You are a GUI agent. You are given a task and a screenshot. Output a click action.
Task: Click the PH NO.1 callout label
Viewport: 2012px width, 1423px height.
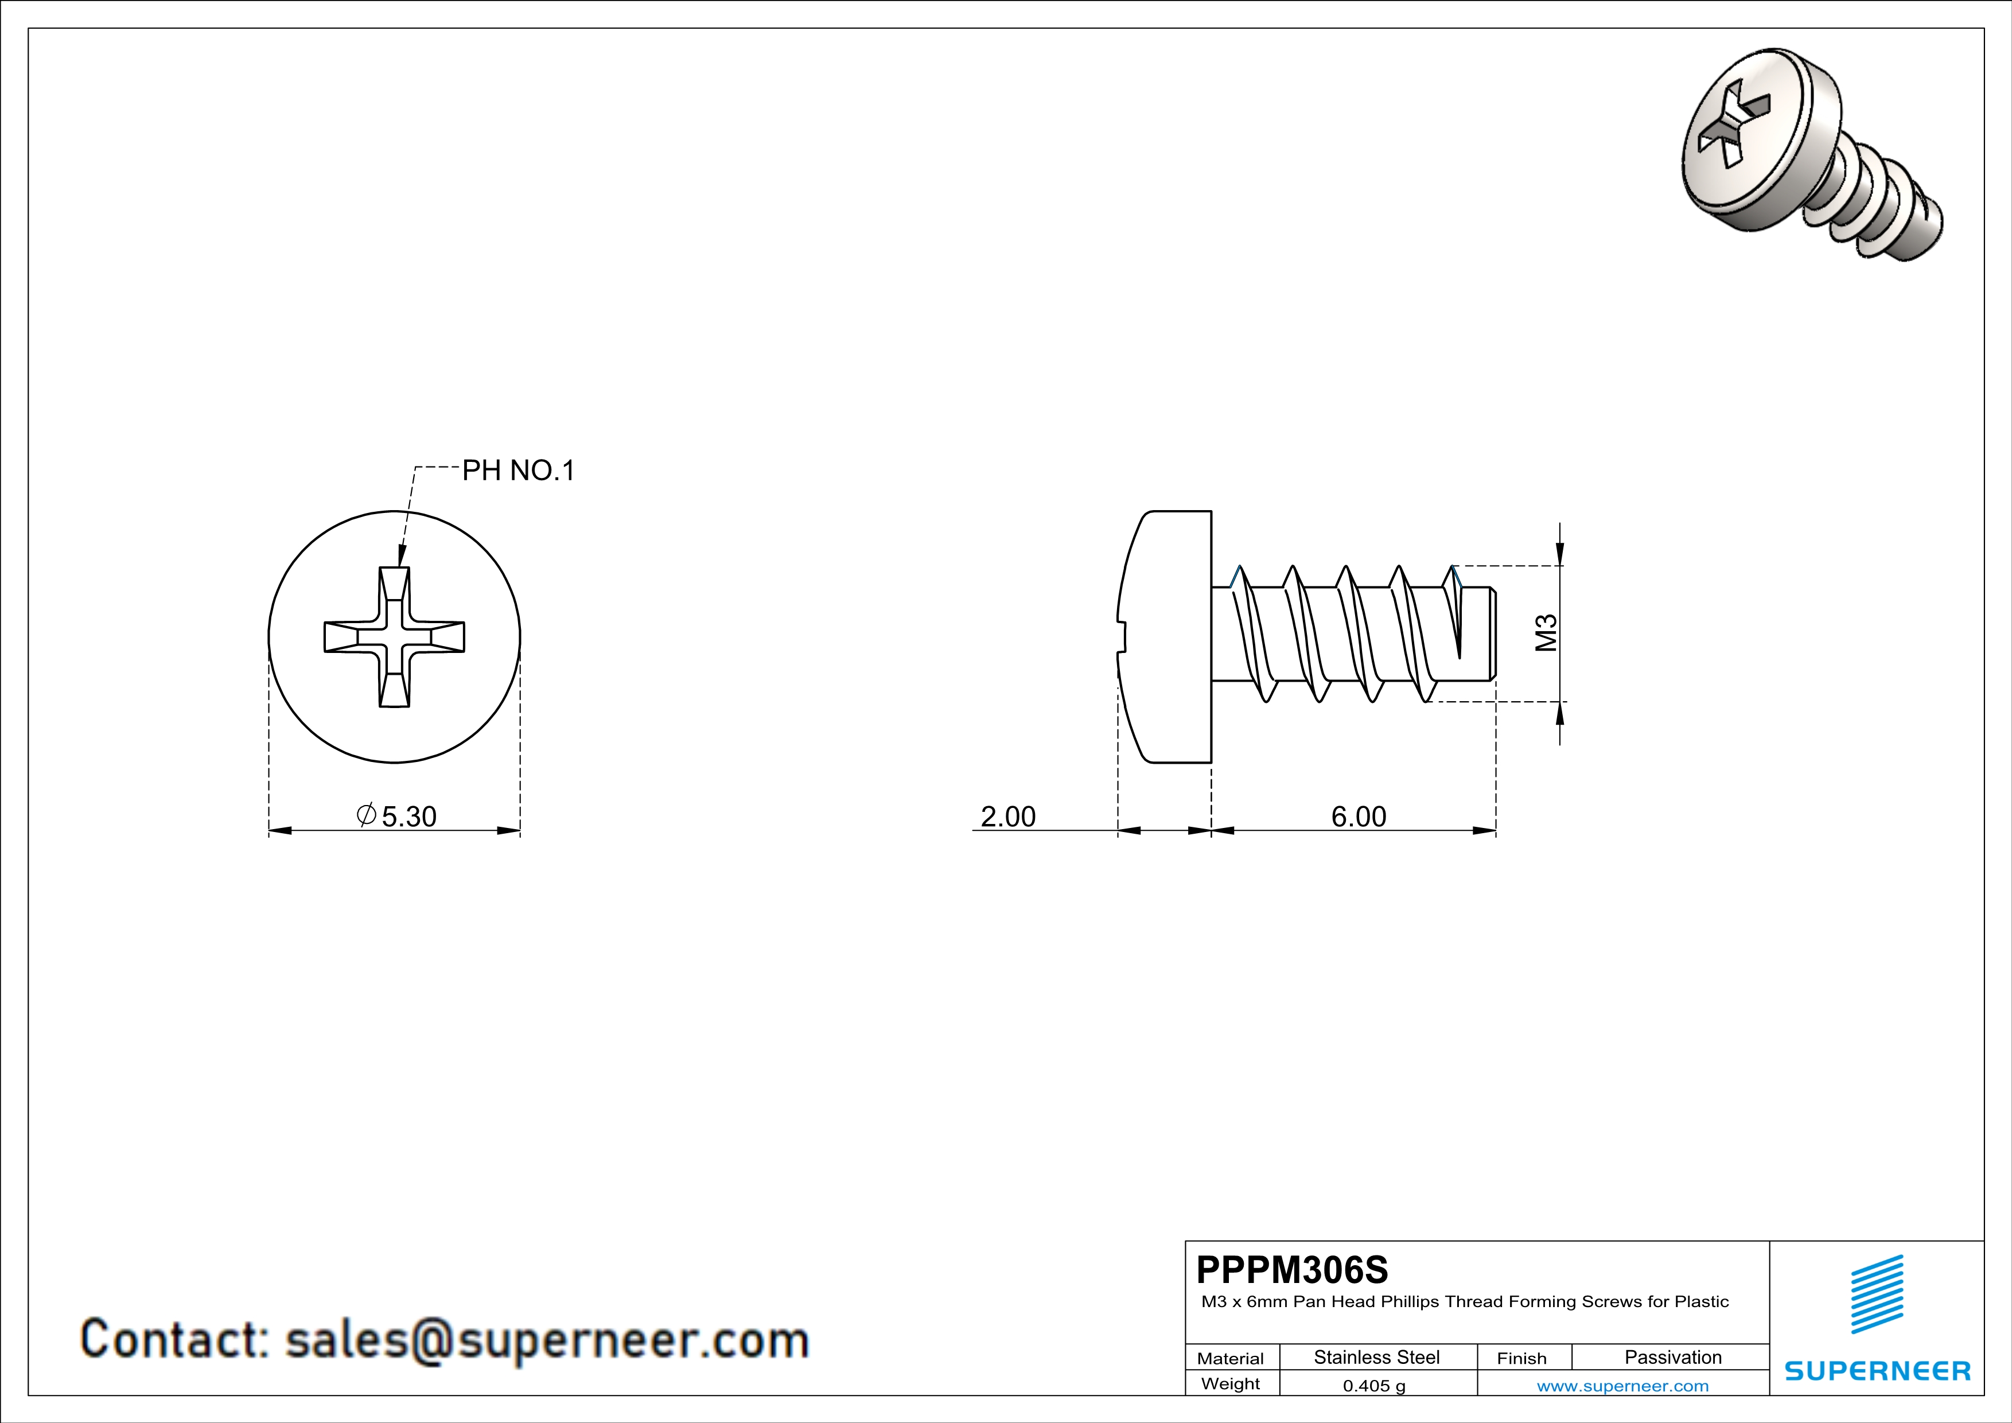tap(518, 472)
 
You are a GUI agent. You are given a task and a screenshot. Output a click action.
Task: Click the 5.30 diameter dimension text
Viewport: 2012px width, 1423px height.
tap(408, 817)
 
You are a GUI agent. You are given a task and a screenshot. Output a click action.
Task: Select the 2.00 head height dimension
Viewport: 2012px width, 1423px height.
tap(1008, 817)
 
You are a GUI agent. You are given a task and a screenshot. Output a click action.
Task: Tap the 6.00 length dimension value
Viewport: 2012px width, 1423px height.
tap(1359, 817)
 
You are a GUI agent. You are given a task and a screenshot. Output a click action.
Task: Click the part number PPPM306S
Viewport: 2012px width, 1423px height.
tap(1291, 1270)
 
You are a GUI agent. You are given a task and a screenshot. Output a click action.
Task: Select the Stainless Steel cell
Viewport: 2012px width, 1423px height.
tap(1377, 1357)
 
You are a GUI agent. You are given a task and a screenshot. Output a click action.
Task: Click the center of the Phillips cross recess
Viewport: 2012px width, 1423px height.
tap(394, 637)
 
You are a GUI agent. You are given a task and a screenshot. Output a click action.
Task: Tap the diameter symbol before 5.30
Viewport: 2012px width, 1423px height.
tap(366, 815)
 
